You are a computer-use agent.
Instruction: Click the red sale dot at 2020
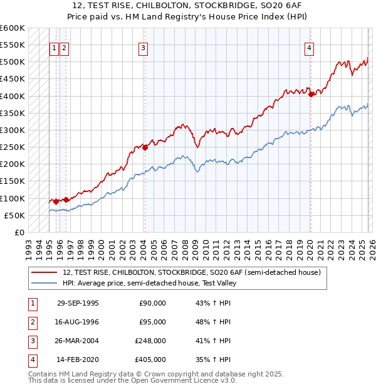(311, 95)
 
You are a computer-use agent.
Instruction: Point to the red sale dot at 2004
(145, 148)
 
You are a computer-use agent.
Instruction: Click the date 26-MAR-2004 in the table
(78, 341)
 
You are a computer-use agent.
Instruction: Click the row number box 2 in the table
(31, 322)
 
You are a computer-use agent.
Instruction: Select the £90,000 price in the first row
(152, 303)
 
